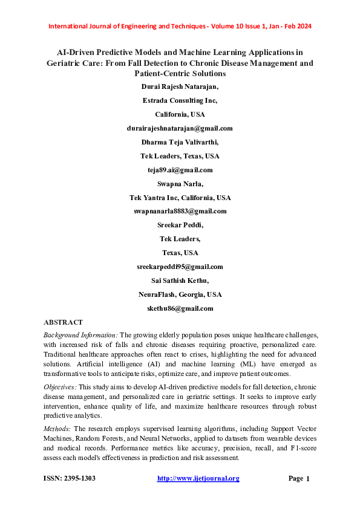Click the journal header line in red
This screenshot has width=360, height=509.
180,27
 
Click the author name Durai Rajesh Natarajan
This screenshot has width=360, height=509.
180,86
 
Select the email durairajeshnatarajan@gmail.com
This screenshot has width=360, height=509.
180,128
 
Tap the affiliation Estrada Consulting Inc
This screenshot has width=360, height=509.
180,100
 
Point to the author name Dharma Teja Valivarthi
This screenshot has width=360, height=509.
180,142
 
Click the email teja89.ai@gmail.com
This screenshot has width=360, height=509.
180,170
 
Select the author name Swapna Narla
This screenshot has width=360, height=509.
180,184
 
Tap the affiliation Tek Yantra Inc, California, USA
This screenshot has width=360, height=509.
180,198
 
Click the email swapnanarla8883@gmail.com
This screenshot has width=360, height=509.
180,211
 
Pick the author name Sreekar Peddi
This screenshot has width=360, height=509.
180,225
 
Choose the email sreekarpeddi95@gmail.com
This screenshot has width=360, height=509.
180,267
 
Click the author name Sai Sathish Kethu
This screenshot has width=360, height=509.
180,280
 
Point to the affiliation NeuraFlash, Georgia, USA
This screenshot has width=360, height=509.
180,294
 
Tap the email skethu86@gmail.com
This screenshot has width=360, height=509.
180,308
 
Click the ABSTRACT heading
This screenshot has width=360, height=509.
64,322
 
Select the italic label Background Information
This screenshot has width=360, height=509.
81,335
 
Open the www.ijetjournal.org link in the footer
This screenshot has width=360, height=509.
198,479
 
